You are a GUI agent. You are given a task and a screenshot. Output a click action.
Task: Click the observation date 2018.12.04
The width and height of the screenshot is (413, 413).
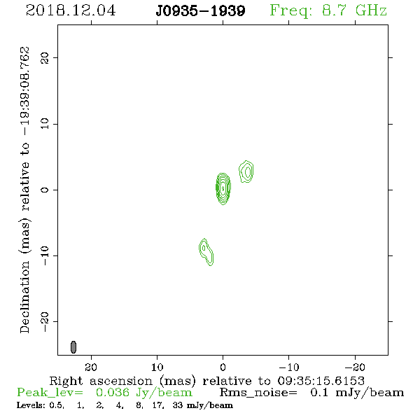click(71, 10)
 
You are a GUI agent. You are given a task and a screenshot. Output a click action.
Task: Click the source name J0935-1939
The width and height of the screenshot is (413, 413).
click(200, 11)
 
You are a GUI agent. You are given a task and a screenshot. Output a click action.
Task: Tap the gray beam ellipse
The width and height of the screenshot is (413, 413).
click(73, 347)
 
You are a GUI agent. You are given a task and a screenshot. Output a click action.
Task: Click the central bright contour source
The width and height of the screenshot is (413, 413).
click(223, 188)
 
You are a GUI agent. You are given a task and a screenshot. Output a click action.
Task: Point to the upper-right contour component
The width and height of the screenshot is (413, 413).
click(246, 171)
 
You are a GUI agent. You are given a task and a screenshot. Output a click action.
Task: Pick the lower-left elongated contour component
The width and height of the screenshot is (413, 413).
click(206, 252)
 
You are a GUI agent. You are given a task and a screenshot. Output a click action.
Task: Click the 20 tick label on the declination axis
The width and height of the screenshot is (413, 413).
click(45, 58)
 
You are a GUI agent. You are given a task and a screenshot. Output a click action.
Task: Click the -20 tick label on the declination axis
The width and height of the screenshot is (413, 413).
click(45, 322)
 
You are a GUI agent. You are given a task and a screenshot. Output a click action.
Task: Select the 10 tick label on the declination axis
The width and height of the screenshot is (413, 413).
click(45, 124)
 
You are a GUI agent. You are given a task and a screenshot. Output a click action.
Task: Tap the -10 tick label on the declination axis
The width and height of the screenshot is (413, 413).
click(45, 255)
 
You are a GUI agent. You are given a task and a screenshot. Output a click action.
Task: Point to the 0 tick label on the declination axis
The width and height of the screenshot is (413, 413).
click(45, 190)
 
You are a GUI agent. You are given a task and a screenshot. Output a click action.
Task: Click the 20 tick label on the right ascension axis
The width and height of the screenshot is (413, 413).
click(91, 367)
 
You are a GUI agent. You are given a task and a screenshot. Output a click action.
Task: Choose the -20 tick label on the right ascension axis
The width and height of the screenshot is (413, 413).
click(354, 367)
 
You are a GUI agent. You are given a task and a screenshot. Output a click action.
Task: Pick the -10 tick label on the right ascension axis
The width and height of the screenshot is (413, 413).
click(288, 367)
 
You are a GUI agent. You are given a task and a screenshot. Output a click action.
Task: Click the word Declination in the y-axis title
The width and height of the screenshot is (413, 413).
click(24, 297)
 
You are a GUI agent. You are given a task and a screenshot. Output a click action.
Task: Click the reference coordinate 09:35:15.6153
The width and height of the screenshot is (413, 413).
click(321, 381)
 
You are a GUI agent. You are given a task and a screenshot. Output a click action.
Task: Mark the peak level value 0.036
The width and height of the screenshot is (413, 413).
click(113, 393)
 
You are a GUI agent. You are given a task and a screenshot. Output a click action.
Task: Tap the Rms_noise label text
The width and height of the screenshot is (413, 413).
click(258, 393)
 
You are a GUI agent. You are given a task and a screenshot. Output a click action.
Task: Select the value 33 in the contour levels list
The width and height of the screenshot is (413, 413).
click(178, 405)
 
